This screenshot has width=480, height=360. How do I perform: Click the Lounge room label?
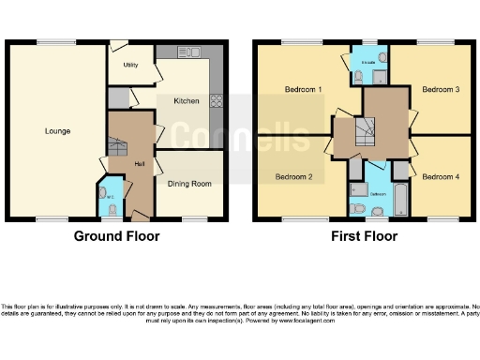56,130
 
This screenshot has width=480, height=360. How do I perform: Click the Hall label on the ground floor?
139,164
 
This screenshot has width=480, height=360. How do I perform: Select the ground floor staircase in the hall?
117,147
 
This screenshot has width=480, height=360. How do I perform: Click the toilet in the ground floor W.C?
113,210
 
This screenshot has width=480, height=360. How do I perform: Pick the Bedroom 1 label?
304,89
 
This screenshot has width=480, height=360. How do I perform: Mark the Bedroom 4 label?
439,175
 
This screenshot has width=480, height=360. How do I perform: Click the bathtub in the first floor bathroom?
402,198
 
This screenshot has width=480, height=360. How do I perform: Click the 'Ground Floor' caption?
116,237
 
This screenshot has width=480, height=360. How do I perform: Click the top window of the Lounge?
51,41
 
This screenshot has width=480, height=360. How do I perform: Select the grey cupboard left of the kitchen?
118,97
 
